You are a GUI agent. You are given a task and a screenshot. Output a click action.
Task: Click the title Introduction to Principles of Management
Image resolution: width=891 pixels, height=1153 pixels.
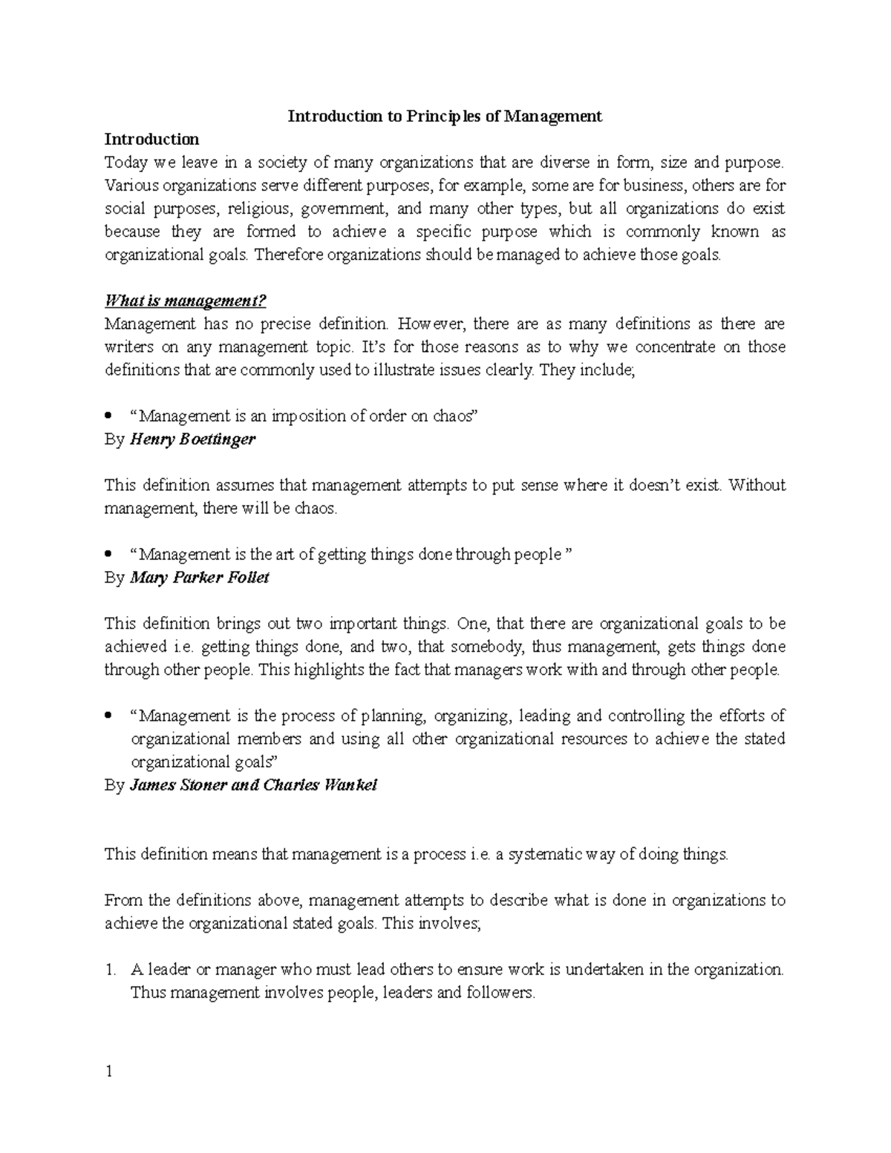pos(445,117)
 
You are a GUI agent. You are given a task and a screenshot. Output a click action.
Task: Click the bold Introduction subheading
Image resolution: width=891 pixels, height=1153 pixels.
pos(151,140)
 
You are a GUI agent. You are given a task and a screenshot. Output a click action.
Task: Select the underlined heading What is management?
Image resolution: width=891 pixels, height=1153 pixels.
pos(185,301)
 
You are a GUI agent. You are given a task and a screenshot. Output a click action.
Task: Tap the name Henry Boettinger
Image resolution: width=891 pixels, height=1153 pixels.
pos(192,439)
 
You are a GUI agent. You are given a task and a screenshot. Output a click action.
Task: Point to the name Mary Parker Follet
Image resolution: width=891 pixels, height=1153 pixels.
pos(199,577)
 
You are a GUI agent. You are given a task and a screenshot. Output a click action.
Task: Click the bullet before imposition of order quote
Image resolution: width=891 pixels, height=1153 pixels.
pos(109,417)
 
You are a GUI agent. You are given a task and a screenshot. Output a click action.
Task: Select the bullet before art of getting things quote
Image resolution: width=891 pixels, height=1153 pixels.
pos(109,555)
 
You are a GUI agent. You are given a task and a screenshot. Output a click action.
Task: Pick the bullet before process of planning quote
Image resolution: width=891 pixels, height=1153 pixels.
pos(109,716)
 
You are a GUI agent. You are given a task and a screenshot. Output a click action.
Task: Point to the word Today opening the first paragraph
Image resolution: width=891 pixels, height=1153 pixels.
pos(125,163)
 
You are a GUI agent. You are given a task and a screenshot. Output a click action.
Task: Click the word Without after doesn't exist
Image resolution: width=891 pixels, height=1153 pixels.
pos(757,485)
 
